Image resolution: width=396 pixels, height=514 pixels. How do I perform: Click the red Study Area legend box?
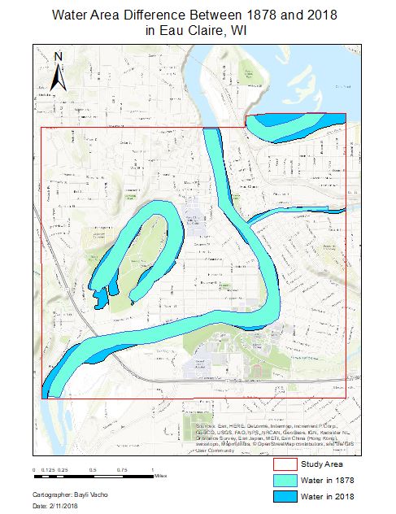285,464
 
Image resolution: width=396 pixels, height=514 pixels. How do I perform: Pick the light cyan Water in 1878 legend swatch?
285,480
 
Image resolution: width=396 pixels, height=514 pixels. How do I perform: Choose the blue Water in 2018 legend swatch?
285,495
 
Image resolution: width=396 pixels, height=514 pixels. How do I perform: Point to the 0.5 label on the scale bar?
92,470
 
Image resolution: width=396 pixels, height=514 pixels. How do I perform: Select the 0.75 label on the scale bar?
123,470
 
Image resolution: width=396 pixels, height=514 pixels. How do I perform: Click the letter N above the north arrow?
58,55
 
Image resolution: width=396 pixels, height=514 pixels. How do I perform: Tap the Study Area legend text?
321,464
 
